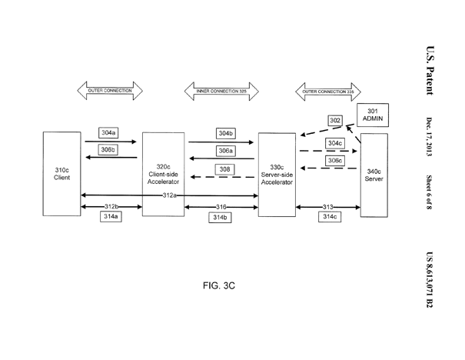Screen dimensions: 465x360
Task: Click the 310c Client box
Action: click(61, 174)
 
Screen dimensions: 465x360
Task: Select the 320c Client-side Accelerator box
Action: click(163, 174)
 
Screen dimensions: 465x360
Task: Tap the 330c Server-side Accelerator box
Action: click(277, 175)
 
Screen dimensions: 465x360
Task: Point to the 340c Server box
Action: click(374, 175)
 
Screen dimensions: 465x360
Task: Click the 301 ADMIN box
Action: click(373, 115)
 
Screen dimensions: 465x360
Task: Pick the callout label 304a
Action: click(108, 132)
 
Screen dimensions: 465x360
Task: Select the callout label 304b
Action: click(226, 133)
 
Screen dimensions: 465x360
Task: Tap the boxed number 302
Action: click(335, 120)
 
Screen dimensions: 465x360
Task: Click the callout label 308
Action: click(224, 169)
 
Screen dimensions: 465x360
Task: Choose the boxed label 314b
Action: click(220, 217)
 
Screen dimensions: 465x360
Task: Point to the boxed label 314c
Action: click(330, 217)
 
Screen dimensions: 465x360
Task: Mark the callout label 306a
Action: click(226, 151)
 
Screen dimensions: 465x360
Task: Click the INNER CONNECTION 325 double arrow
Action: click(221, 92)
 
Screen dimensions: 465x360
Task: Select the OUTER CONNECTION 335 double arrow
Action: click(328, 92)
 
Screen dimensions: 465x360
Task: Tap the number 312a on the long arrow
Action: click(170, 195)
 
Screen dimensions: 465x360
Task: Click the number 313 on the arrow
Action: click(328, 207)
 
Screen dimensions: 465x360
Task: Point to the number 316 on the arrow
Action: click(221, 207)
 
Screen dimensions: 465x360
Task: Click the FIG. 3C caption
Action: click(219, 285)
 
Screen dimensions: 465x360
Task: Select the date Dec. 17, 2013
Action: click(429, 137)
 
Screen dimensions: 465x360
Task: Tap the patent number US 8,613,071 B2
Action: click(430, 280)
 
